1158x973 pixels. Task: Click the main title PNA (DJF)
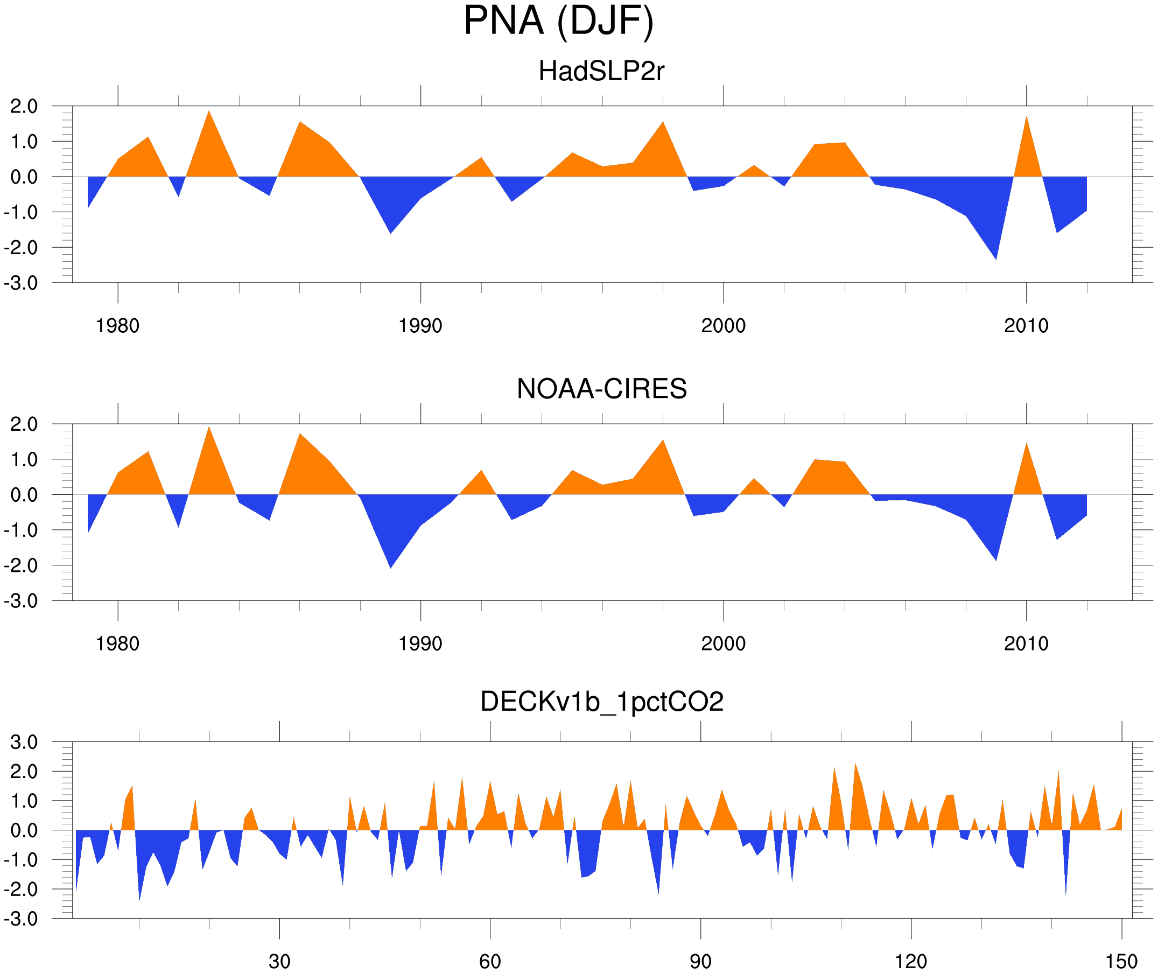point(558,21)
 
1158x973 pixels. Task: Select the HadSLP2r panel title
point(601,71)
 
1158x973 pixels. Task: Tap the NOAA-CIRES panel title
point(601,389)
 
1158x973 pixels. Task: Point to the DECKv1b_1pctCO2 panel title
point(601,702)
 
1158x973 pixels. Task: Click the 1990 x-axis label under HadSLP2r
point(420,326)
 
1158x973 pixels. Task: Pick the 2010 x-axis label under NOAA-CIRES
point(1026,643)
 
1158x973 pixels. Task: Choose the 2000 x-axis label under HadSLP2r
point(723,326)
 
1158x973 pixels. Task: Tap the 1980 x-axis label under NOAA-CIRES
point(117,643)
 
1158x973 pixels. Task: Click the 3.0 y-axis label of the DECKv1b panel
point(24,743)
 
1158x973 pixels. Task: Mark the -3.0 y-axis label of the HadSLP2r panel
point(21,283)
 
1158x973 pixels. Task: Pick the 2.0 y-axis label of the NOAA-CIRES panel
point(24,424)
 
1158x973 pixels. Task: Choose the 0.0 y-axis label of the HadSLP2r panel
point(24,177)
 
